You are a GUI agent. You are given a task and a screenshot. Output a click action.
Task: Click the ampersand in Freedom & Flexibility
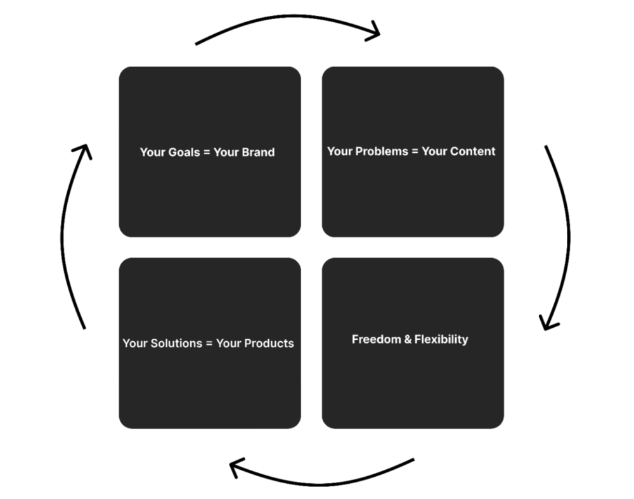(x=407, y=339)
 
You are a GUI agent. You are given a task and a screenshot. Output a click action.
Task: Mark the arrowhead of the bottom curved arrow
(x=236, y=468)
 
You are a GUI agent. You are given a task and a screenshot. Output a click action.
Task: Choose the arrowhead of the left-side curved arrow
(x=82, y=150)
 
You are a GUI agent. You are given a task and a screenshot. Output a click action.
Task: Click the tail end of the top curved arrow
(x=197, y=44)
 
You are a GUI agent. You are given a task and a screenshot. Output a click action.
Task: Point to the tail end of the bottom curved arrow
(x=413, y=460)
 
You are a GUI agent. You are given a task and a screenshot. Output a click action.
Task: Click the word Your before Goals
(x=152, y=152)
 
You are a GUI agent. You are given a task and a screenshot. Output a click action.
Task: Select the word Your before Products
(x=229, y=343)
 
